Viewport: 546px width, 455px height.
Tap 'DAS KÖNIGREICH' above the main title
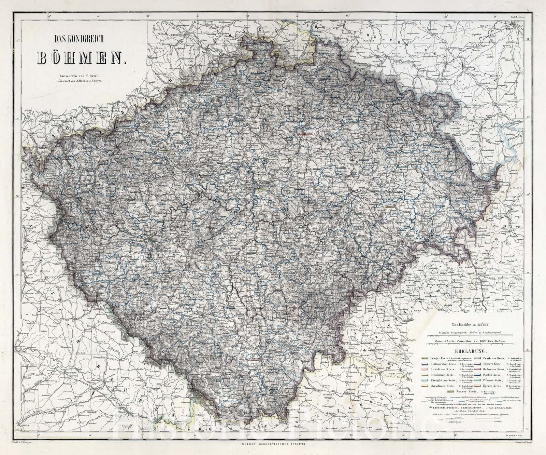[x=81, y=40]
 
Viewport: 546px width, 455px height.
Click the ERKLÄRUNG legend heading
[x=471, y=351]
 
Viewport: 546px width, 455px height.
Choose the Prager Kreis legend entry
[x=439, y=358]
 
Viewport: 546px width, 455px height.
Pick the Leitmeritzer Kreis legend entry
[x=443, y=364]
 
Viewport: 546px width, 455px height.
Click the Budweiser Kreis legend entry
[x=493, y=369]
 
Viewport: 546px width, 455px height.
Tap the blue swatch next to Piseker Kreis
[x=477, y=375]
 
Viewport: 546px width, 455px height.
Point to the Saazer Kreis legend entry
[x=466, y=391]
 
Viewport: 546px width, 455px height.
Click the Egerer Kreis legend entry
[x=492, y=386]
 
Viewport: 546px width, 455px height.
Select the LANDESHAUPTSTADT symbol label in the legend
[x=445, y=408]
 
